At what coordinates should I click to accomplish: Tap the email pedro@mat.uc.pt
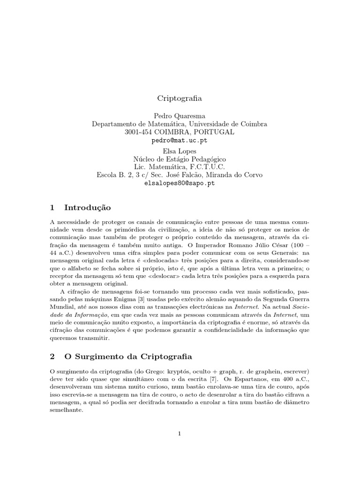pos(180,140)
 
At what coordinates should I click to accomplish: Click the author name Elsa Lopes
pos(180,151)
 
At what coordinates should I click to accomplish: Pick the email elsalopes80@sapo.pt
pos(180,183)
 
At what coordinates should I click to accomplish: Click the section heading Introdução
pos(87,207)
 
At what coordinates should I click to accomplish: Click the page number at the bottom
pos(180,433)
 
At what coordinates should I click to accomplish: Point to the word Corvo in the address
pos(254,175)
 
